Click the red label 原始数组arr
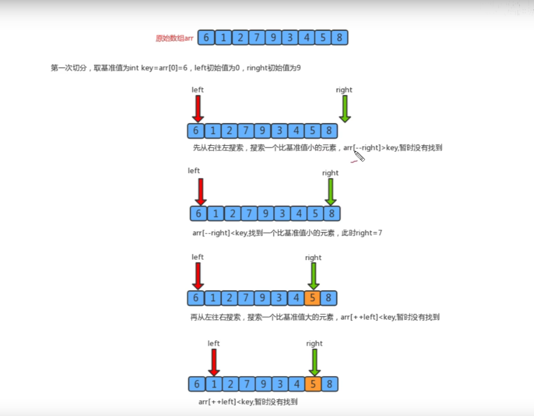pos(174,38)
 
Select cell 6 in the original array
pos(206,37)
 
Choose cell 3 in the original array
pos(290,37)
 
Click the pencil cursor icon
pos(359,156)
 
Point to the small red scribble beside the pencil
pos(353,161)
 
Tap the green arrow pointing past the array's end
pos(345,108)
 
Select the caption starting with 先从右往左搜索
pos(317,148)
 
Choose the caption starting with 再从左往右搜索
pos(315,317)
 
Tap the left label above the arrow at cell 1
pos(214,343)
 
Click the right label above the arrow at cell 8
pos(330,173)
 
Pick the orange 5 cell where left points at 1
pos(313,384)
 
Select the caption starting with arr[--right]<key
pos(286,233)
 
